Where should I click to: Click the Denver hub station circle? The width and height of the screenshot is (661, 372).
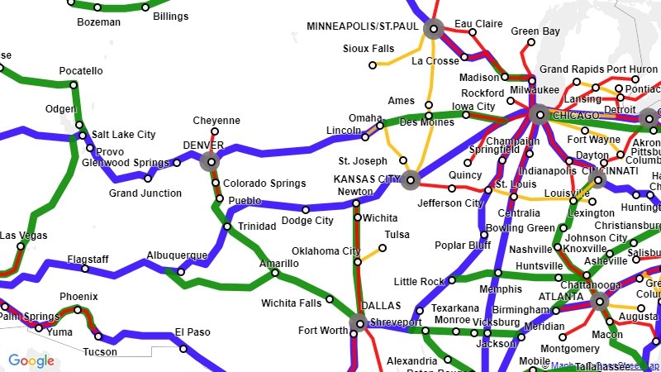coord(212,162)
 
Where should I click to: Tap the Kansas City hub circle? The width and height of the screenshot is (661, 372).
coord(411,179)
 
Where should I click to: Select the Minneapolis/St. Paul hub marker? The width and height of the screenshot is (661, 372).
coord(434,30)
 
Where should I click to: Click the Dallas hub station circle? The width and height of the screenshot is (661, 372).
coord(359,323)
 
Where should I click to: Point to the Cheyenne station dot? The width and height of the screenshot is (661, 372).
coord(214,131)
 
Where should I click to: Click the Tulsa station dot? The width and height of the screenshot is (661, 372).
coord(383,247)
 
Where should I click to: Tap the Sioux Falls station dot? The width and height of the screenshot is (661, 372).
coord(372,64)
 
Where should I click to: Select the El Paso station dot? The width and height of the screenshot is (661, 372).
coord(183,348)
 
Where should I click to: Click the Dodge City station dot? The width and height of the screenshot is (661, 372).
coord(306,209)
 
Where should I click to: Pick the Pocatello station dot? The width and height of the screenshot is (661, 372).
coord(74,84)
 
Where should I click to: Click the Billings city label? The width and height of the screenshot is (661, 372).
coord(170,17)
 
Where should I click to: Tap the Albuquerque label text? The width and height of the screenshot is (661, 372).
coord(176,255)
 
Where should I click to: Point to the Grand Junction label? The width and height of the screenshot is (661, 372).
coord(145,193)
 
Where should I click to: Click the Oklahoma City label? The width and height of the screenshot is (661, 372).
coord(326,251)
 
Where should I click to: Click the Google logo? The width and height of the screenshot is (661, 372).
coord(31,360)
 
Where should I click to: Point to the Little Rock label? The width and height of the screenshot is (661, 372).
coord(420,282)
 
